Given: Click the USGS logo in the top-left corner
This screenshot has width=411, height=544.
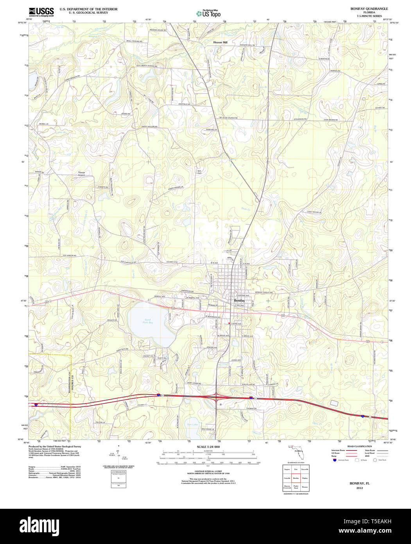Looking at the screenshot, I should pyautogui.click(x=41, y=12).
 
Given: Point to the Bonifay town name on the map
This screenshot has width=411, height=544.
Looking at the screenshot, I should pyautogui.click(x=239, y=300).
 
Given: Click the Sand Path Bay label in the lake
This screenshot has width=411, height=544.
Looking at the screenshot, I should pyautogui.click(x=148, y=321).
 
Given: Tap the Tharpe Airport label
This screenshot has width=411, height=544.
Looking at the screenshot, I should pyautogui.click(x=81, y=173).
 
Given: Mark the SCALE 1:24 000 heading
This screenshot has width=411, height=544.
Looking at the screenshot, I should pyautogui.click(x=208, y=447).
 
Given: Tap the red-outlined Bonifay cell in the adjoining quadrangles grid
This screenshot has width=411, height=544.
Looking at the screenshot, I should pyautogui.click(x=296, y=478).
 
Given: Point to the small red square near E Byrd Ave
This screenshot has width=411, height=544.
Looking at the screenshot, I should pyautogui.click(x=229, y=324).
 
